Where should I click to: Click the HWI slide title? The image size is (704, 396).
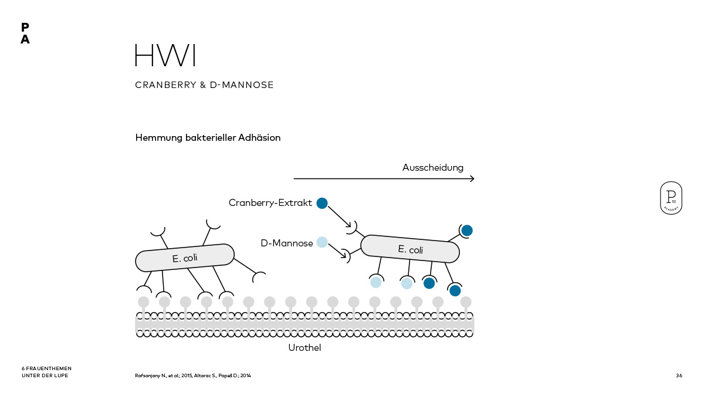165,55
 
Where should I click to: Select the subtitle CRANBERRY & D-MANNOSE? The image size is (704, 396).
204,85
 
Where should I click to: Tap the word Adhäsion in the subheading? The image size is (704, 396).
259,138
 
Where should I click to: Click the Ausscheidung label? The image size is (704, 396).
432,168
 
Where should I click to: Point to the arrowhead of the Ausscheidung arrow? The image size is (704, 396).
472,178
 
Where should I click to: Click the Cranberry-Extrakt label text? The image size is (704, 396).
270,203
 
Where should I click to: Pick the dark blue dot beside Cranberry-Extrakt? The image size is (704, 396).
321,203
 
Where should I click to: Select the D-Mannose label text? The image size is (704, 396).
286,243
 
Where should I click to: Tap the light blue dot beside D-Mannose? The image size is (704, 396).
321,242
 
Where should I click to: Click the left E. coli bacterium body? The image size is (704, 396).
185,258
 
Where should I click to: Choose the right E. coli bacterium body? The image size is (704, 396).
409,248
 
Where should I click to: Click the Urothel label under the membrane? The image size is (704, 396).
304,348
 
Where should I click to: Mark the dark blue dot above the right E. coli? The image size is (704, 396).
466,230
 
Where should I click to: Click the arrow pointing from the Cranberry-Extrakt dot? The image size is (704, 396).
340,216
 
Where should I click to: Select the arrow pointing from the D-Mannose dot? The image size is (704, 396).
337,251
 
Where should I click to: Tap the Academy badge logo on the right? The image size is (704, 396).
671,198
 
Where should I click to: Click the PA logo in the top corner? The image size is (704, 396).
25,34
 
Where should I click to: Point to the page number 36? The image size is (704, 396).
679,375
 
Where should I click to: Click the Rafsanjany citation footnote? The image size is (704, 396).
193,375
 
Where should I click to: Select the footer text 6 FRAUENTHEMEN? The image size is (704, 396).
46,368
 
